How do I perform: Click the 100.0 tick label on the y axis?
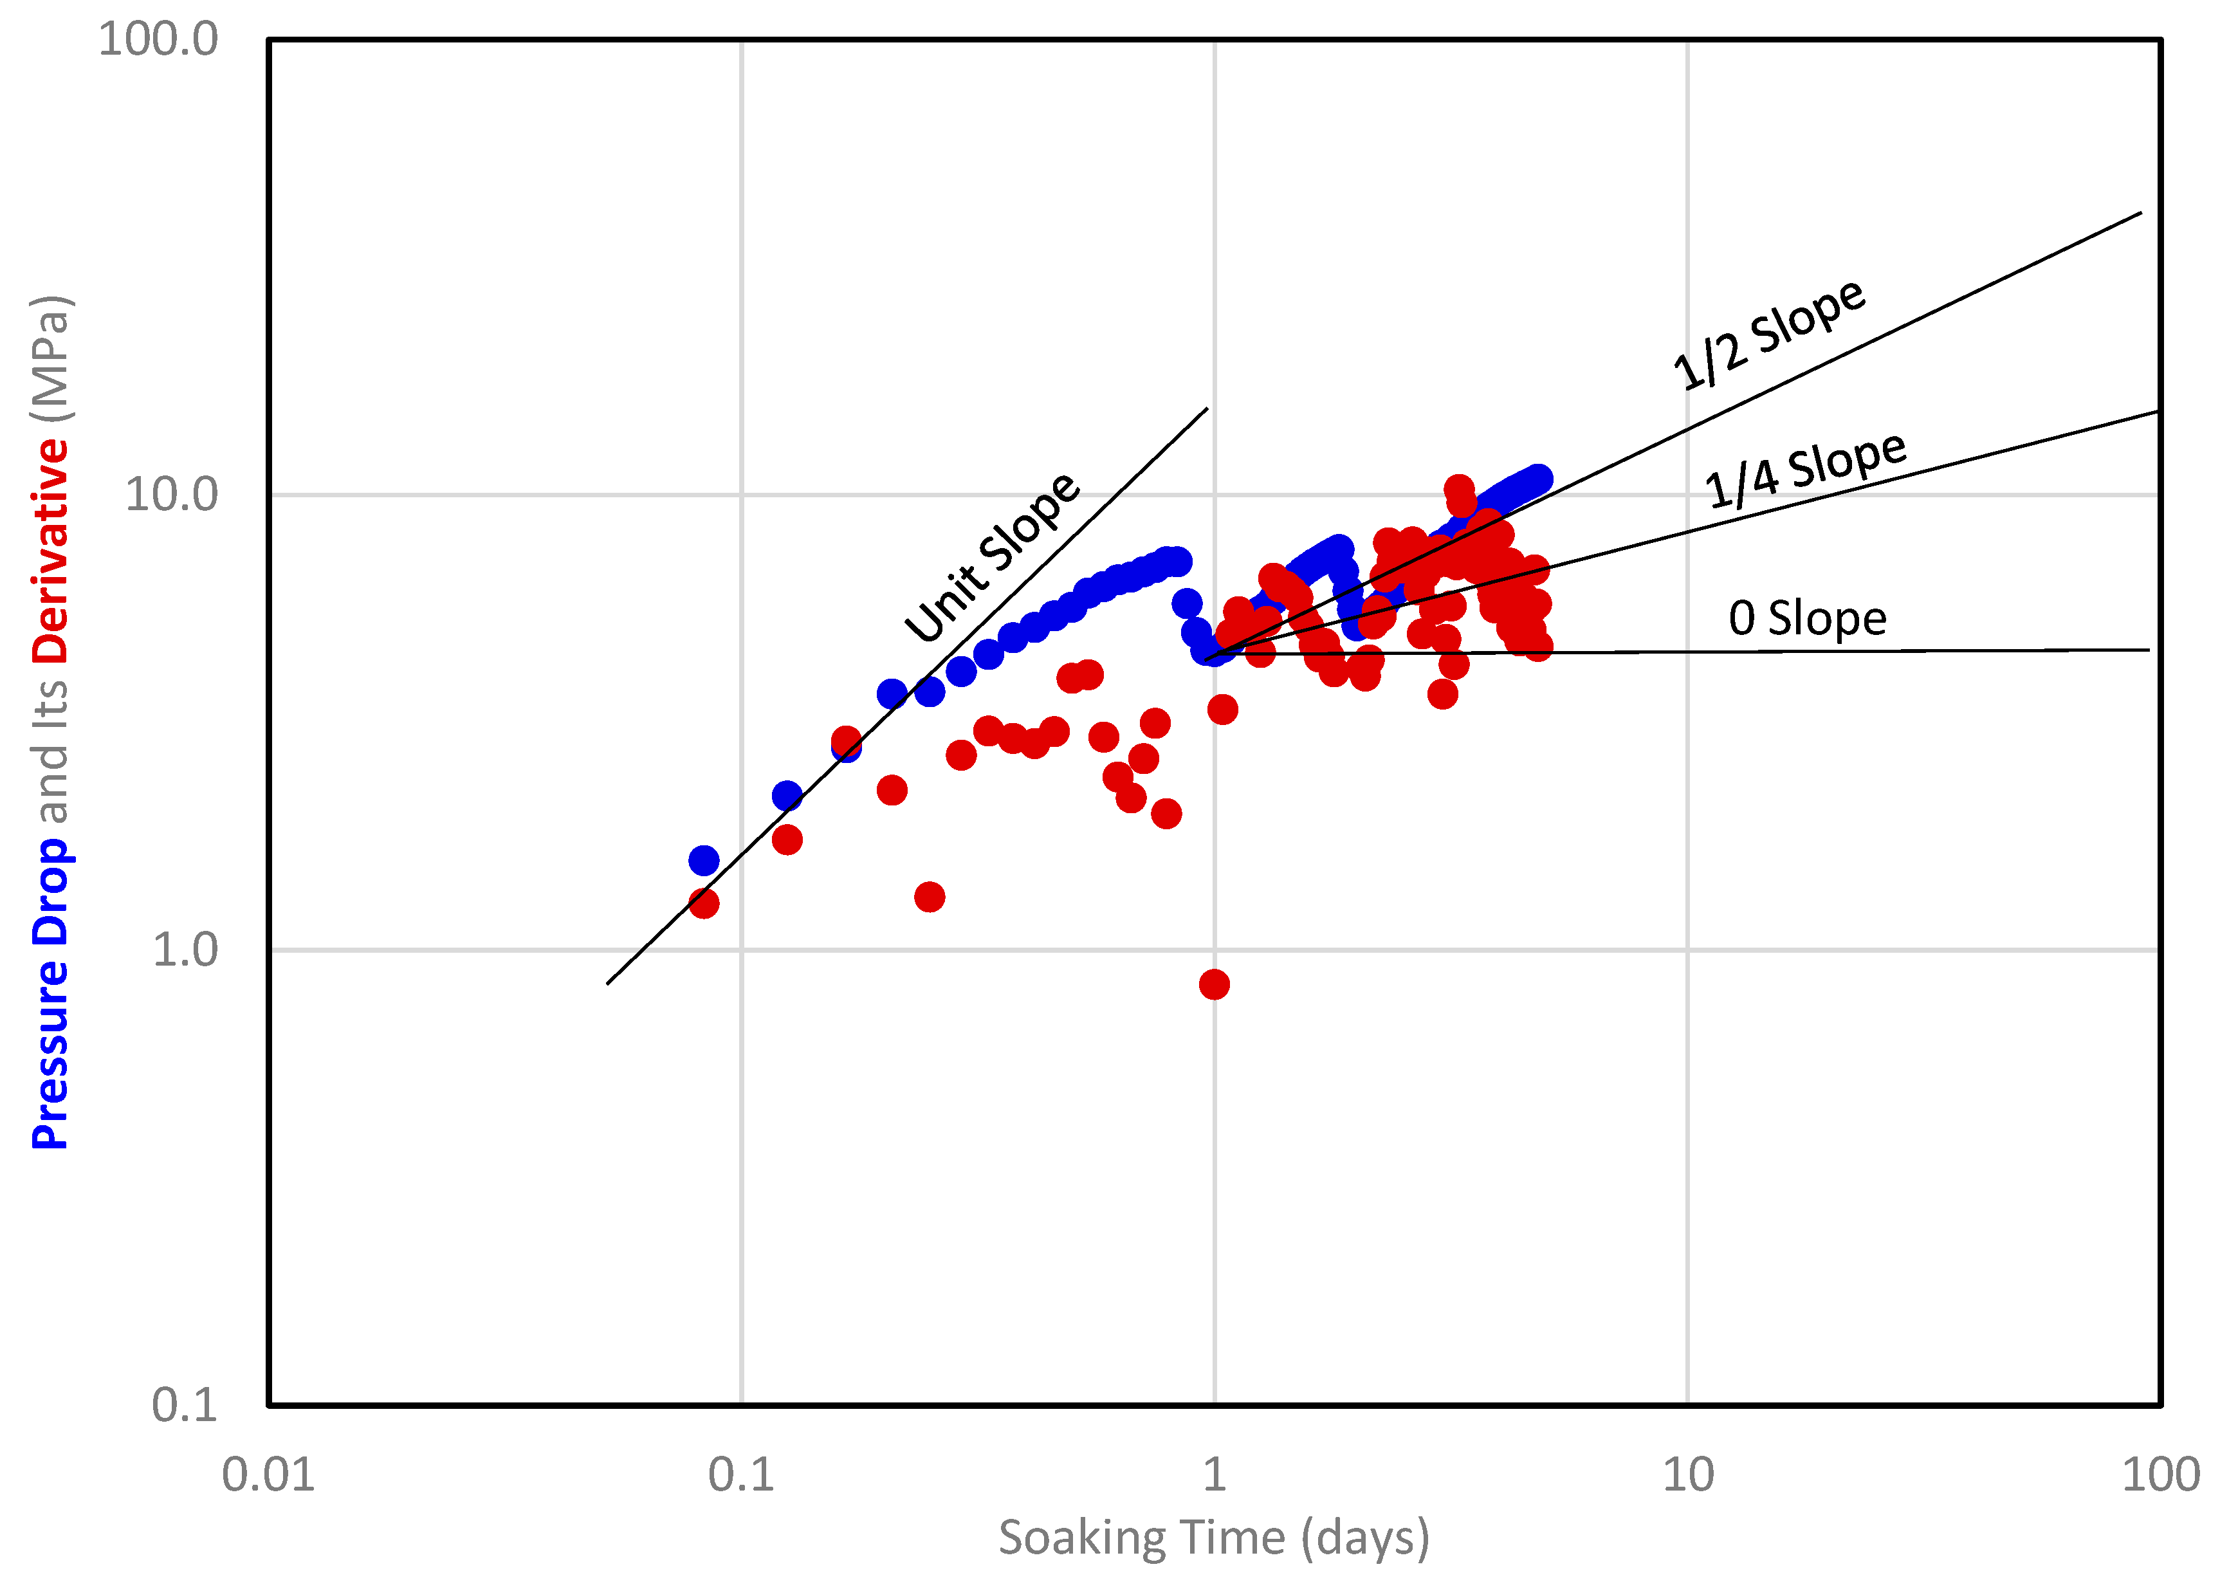click(x=158, y=40)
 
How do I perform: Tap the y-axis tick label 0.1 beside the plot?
click(x=184, y=1404)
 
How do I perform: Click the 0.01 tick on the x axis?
click(x=268, y=1474)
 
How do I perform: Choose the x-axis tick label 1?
click(x=1215, y=1474)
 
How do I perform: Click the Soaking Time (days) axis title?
click(x=1213, y=1538)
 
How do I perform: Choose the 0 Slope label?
click(x=1807, y=618)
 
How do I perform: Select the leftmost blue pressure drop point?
click(x=704, y=861)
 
